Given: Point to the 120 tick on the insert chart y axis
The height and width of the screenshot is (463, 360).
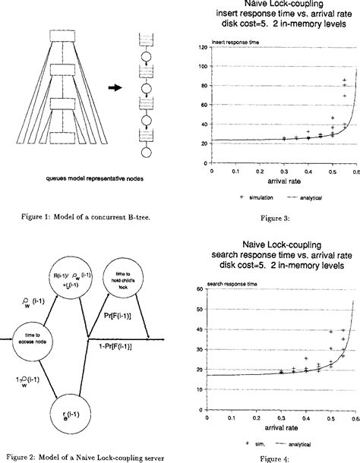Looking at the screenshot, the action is point(202,47).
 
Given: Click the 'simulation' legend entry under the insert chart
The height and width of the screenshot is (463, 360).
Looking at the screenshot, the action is point(245,196).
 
